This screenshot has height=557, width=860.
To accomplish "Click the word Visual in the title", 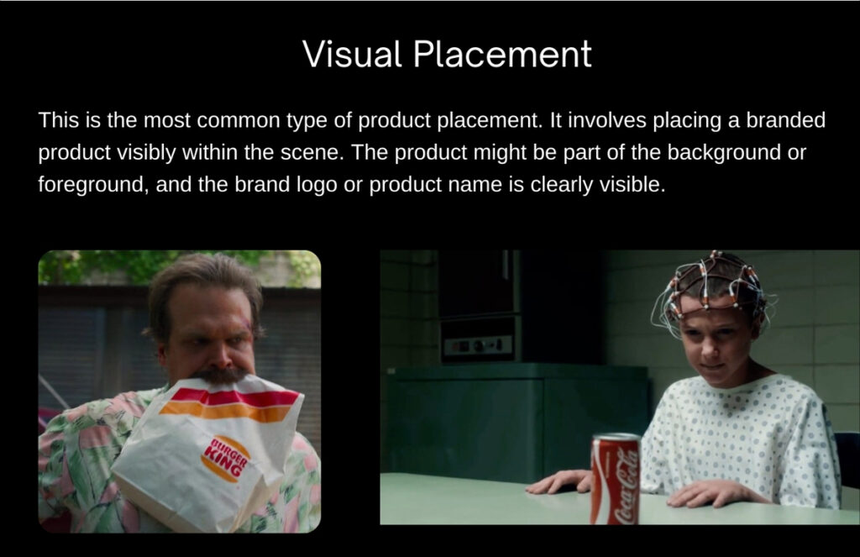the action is click(x=352, y=54).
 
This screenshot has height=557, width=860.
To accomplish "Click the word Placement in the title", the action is click(x=502, y=54).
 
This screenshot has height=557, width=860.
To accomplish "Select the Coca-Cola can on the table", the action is click(x=616, y=479).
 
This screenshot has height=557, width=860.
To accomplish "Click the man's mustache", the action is click(x=220, y=376).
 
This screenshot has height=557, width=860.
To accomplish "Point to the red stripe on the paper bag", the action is click(x=236, y=396).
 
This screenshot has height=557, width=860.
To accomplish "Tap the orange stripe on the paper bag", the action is click(x=226, y=412).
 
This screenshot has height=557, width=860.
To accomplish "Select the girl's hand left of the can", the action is click(x=558, y=481).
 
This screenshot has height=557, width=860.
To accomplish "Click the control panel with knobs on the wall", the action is click(x=477, y=345).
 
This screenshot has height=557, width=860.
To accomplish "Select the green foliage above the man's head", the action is click(x=165, y=266).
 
